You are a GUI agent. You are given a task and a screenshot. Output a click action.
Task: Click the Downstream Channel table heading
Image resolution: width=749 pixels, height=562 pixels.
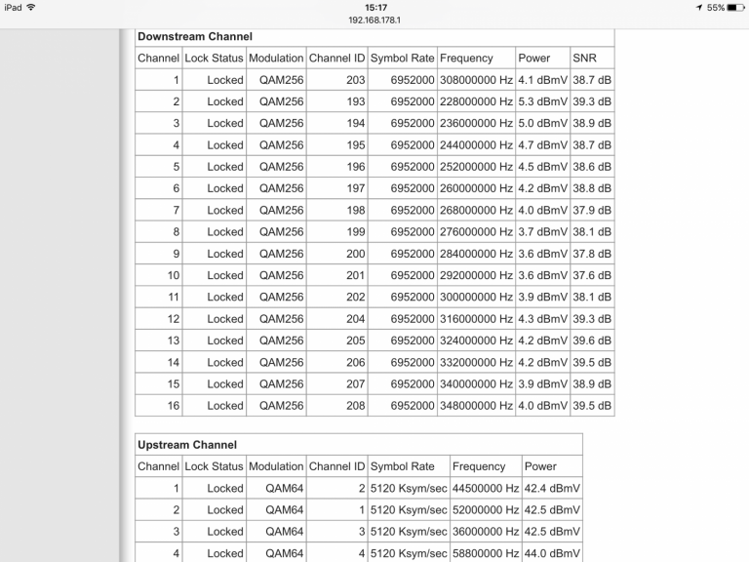tap(195, 36)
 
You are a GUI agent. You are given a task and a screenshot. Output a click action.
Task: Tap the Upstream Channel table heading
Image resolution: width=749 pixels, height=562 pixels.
tap(187, 445)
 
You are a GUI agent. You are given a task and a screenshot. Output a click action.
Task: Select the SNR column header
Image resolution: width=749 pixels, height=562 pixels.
tap(584, 59)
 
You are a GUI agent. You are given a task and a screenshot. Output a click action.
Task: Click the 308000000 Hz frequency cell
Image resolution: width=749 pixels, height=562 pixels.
tap(476, 80)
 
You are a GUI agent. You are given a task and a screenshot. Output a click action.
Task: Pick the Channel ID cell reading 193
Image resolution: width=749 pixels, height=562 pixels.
tap(355, 101)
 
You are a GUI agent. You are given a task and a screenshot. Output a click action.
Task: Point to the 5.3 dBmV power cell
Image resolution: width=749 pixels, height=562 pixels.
tap(542, 101)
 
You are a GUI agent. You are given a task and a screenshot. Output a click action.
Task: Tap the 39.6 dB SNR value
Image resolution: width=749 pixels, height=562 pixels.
tap(592, 341)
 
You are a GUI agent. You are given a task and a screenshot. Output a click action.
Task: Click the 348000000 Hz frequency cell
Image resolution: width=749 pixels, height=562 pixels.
tap(476, 406)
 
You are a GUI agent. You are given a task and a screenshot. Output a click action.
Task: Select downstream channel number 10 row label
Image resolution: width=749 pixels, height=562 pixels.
tap(173, 275)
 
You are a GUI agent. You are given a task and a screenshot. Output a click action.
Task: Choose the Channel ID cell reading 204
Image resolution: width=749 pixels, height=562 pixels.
tap(355, 319)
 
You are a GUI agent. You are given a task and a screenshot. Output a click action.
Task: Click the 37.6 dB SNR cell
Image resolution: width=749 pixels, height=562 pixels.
tap(592, 275)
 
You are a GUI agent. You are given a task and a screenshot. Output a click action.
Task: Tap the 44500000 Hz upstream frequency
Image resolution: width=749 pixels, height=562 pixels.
tap(485, 488)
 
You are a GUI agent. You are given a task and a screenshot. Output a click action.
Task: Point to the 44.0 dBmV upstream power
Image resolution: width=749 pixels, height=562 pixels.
tap(552, 553)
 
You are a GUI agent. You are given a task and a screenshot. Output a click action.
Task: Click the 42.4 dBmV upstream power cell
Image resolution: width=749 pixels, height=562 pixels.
tap(552, 488)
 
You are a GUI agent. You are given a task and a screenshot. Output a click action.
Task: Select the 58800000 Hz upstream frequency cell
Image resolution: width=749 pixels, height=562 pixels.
tap(485, 553)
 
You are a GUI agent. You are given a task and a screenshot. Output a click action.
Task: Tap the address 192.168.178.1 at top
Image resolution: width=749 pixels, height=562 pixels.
tap(374, 20)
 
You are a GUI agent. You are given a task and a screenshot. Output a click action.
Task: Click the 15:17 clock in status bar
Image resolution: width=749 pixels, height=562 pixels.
tap(374, 7)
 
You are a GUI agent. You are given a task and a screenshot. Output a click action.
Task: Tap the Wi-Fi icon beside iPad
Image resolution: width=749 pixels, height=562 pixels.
tap(31, 8)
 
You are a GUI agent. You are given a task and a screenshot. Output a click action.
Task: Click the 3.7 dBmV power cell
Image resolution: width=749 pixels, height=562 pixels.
tap(542, 232)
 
